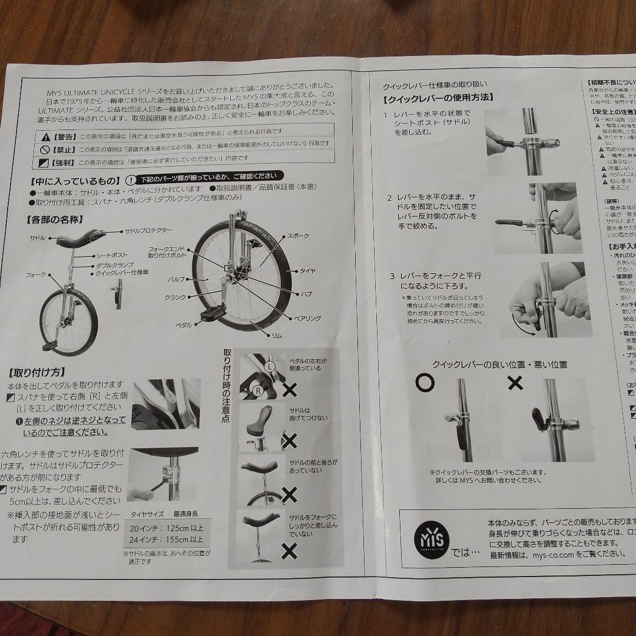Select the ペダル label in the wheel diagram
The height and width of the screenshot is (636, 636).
point(184,324)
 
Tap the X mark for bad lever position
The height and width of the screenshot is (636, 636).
point(515,383)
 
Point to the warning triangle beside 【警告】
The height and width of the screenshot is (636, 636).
point(45,133)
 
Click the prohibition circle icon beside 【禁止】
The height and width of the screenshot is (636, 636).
point(45,145)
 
